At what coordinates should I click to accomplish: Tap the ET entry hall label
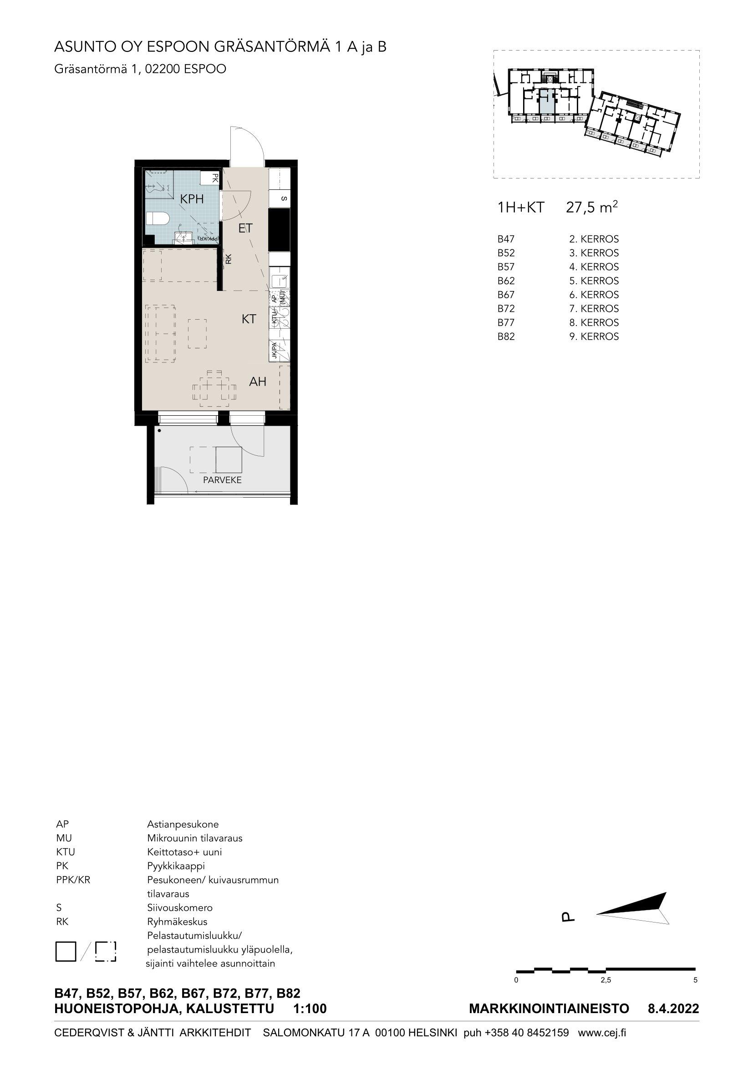tap(245, 228)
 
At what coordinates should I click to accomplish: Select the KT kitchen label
tap(249, 319)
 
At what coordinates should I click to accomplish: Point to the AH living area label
tap(258, 382)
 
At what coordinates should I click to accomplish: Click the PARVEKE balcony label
tap(223, 480)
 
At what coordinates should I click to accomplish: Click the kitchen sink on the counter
tap(279, 280)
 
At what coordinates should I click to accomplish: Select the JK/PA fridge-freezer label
tap(275, 351)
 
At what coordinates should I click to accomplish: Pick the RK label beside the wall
tap(228, 260)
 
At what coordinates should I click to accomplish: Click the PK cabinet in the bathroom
tap(209, 178)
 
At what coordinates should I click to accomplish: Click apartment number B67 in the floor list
tap(506, 295)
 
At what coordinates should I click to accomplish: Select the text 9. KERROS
tap(594, 336)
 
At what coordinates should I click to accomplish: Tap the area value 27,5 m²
tap(592, 207)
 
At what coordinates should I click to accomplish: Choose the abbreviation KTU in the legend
tap(66, 851)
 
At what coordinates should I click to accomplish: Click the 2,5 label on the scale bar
tap(605, 980)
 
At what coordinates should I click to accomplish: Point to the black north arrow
tap(632, 907)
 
